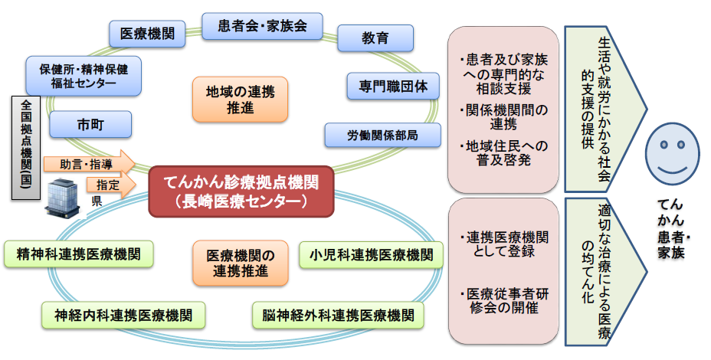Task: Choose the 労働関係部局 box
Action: pos(383,135)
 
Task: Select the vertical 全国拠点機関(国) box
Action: pos(26,149)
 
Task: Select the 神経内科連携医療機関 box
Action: pos(123,314)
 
